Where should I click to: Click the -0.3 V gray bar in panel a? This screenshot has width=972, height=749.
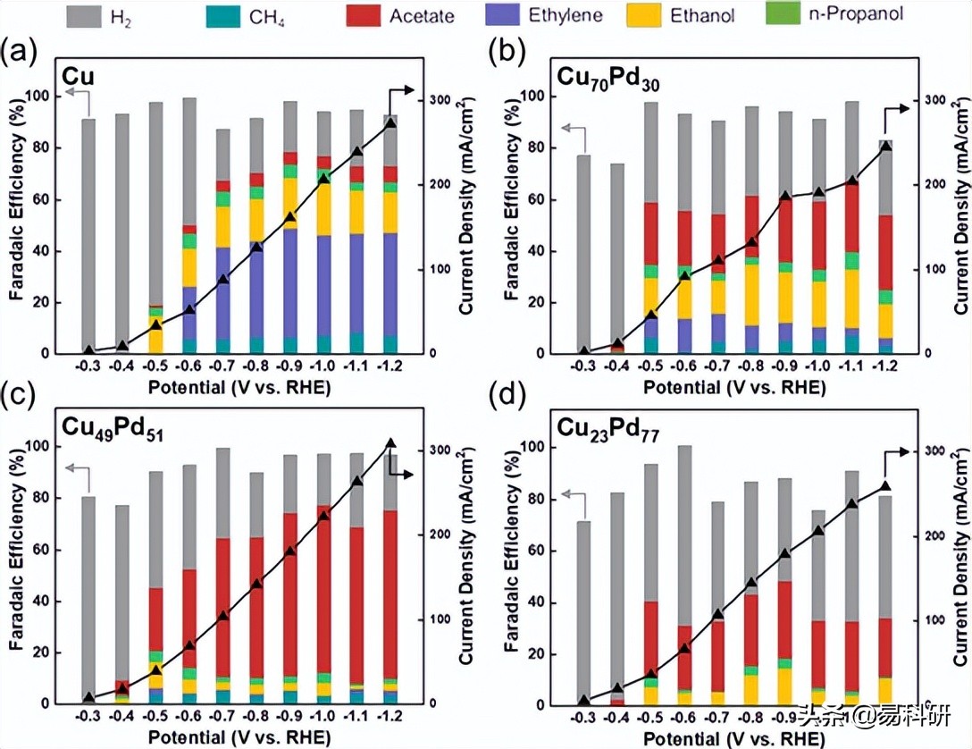pos(88,236)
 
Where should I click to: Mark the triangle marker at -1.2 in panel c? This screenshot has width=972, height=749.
pos(390,443)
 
